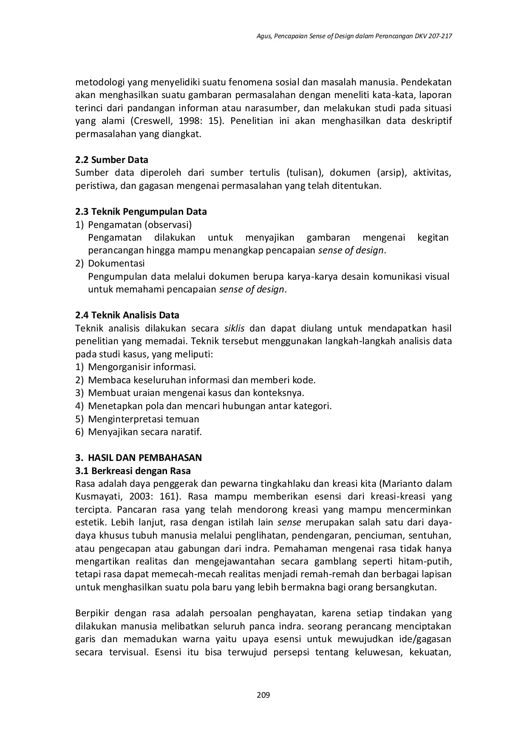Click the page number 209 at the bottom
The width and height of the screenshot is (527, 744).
click(x=263, y=695)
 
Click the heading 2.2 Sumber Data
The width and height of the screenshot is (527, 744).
click(x=112, y=160)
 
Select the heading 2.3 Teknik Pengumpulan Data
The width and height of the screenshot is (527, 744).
click(x=141, y=212)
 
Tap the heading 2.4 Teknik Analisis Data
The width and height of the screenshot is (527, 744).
click(x=127, y=315)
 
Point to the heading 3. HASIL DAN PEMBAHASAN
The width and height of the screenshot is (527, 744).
click(x=139, y=458)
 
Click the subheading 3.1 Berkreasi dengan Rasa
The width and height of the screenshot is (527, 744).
click(x=133, y=471)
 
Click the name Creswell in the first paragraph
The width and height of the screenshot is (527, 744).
click(x=150, y=121)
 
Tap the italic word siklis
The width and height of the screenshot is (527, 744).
click(x=234, y=328)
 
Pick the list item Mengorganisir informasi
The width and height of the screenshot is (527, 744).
click(x=142, y=367)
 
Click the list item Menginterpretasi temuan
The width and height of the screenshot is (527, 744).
click(x=143, y=419)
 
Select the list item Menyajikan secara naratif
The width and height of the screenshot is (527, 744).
click(x=144, y=432)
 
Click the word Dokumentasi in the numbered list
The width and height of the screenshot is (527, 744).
click(x=116, y=264)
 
